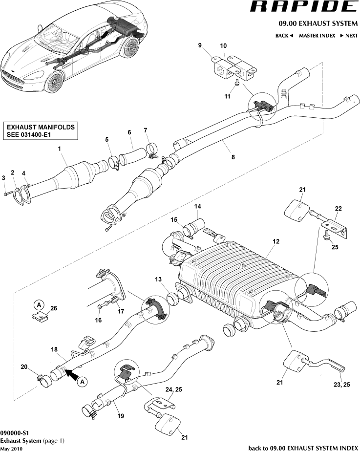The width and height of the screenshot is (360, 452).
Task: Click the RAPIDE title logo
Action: (303, 7)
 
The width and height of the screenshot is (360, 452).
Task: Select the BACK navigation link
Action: (284, 36)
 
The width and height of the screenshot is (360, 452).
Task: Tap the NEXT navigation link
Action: (349, 36)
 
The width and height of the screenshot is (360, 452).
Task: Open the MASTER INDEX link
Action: (317, 36)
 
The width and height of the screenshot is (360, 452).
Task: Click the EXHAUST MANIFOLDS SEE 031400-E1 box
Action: (41, 130)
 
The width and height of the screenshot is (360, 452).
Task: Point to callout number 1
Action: (60, 148)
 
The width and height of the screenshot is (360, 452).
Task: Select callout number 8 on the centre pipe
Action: (233, 157)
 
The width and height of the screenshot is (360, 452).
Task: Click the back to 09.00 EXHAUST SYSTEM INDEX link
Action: (303, 447)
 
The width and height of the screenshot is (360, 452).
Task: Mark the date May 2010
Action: (11, 448)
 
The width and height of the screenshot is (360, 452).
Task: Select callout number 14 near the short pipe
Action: (198, 206)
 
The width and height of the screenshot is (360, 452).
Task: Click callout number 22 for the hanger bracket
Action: (339, 209)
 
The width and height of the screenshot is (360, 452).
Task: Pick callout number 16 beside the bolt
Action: (98, 320)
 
